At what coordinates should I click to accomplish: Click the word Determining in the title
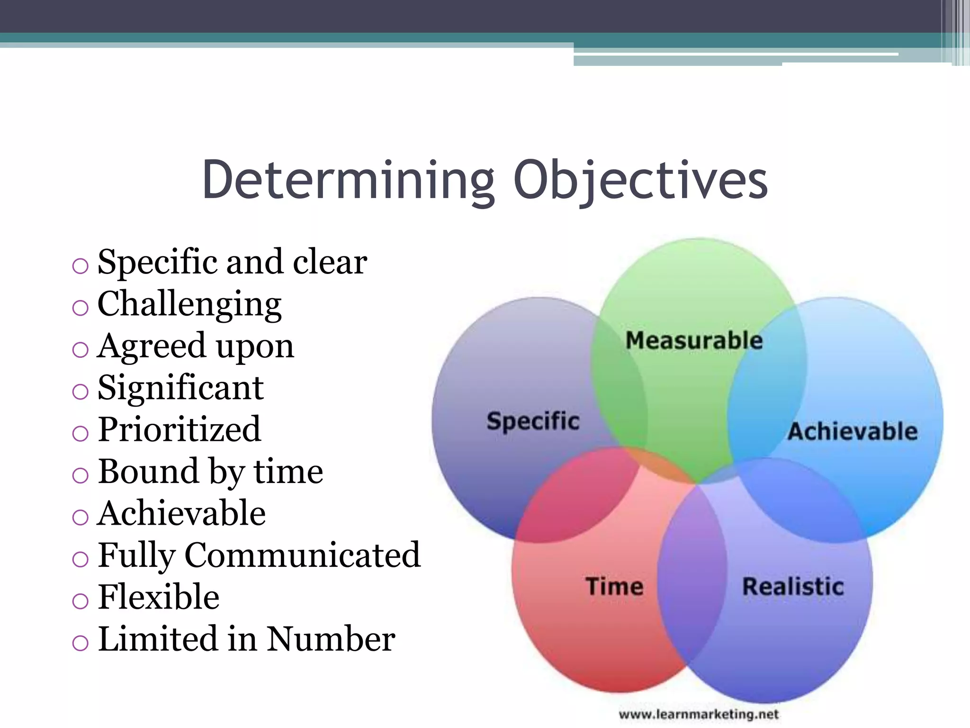(348, 180)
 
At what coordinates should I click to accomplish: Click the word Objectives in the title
(640, 180)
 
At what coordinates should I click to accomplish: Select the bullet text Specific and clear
(232, 262)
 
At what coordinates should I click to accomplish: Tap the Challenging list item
(189, 304)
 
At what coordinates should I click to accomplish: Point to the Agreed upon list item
(196, 346)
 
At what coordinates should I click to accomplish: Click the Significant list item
(180, 388)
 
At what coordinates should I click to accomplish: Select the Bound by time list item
(210, 472)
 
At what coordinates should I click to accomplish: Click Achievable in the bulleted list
(181, 514)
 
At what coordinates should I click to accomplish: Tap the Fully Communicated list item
(259, 555)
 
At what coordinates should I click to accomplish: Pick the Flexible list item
(159, 597)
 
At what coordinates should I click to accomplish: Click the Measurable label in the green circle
(694, 341)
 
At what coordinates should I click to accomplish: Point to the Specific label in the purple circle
(533, 421)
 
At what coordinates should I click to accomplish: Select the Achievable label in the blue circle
(853, 431)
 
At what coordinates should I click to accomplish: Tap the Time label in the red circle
(614, 586)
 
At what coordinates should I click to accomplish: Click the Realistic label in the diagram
(793, 587)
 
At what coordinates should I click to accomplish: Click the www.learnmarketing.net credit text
(699, 714)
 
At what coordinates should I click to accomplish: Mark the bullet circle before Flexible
(80, 601)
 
